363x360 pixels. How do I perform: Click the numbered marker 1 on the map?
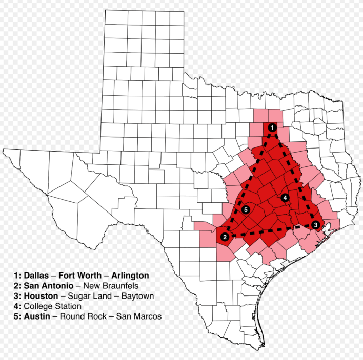tap(272, 128)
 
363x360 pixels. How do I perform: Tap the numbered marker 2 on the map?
tap(225, 237)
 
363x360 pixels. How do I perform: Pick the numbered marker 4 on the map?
tap(285, 198)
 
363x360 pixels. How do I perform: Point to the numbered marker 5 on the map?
tap(247, 209)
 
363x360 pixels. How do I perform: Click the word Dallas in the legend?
tap(36, 276)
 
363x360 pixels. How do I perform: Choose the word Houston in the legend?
tap(39, 295)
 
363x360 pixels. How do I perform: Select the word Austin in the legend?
tap(36, 316)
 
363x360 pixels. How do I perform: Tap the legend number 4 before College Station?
tap(17, 306)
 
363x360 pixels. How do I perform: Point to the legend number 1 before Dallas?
tap(17, 276)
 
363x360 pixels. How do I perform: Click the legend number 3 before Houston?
tap(17, 295)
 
